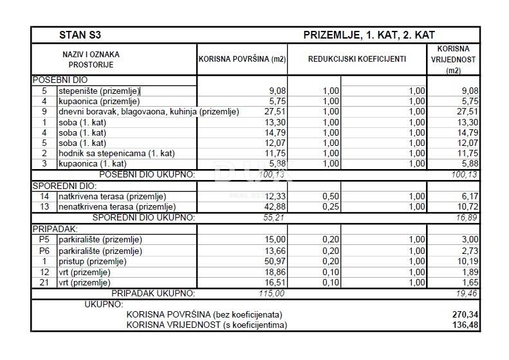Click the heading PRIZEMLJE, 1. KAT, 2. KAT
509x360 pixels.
[x=373, y=35]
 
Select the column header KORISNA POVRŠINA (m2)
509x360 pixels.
[x=242, y=59]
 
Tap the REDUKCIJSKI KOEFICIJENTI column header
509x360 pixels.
[x=357, y=59]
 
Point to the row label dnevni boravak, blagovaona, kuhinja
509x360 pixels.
[x=148, y=112]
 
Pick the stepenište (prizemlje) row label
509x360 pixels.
[x=98, y=91]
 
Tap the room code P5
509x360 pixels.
[x=44, y=240]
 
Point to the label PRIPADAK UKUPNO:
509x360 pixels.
[x=153, y=293]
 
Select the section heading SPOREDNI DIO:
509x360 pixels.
[x=59, y=186]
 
